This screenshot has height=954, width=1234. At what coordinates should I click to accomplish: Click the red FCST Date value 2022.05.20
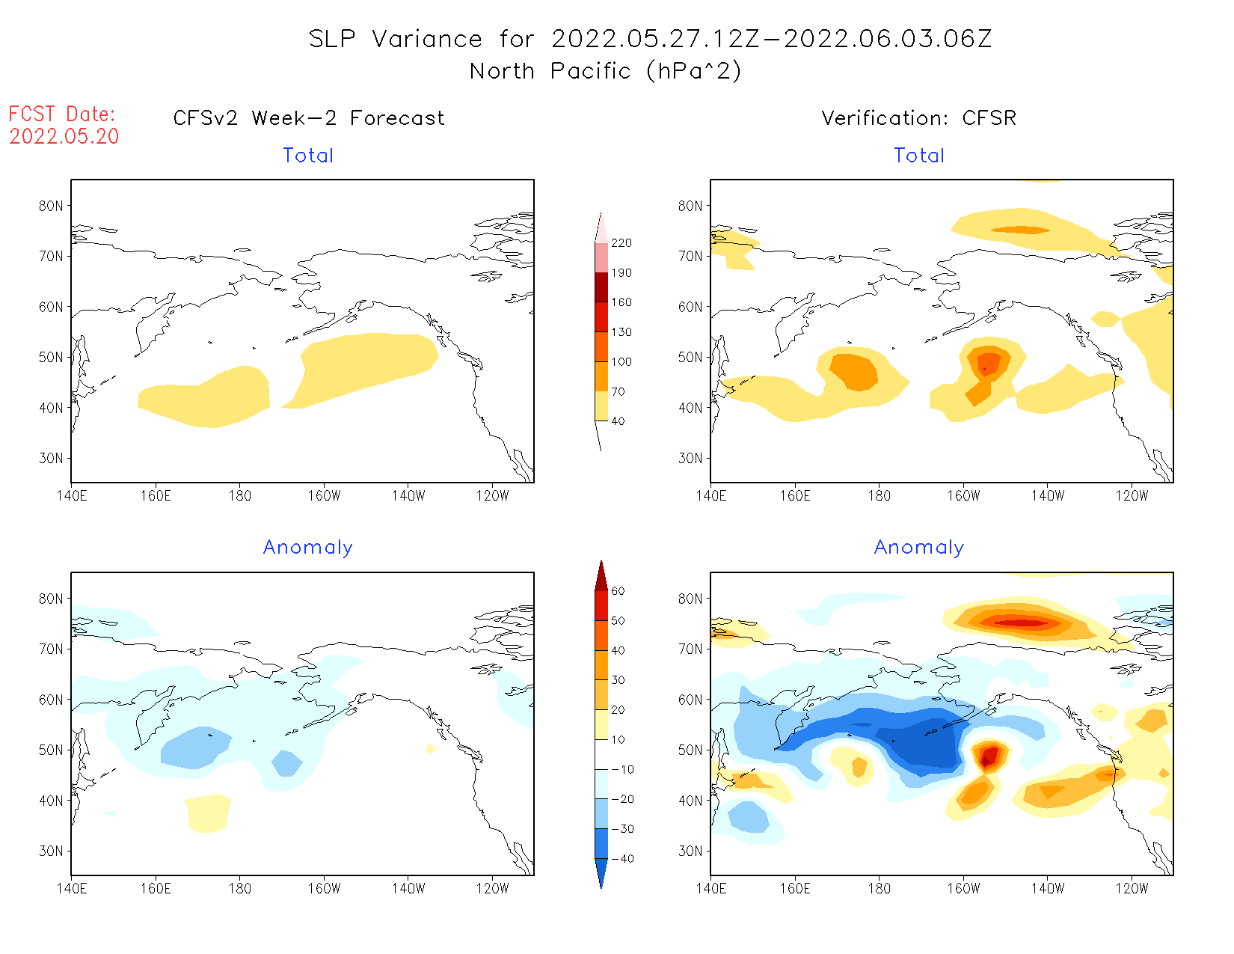click(64, 137)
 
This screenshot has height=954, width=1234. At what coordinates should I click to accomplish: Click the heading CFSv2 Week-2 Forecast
click(309, 118)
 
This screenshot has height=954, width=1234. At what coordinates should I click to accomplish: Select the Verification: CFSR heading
click(918, 118)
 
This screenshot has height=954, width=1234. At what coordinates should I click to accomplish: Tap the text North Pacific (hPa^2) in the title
click(605, 71)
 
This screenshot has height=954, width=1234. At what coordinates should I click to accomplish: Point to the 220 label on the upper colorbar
click(621, 243)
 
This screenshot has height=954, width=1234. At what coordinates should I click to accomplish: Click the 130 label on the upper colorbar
click(621, 332)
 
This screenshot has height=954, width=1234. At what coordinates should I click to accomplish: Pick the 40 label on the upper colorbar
click(618, 421)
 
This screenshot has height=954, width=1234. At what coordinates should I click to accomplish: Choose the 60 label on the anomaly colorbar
click(618, 591)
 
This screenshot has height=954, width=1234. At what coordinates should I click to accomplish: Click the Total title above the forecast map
click(308, 156)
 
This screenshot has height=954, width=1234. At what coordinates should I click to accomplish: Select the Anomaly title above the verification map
click(919, 548)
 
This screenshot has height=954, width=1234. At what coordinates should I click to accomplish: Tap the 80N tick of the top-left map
click(51, 206)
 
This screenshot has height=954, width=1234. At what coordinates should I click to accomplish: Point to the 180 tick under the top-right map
click(879, 495)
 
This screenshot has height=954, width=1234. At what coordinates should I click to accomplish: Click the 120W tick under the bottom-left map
click(492, 889)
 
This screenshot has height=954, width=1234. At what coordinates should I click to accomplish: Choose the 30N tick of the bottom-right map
click(690, 851)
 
